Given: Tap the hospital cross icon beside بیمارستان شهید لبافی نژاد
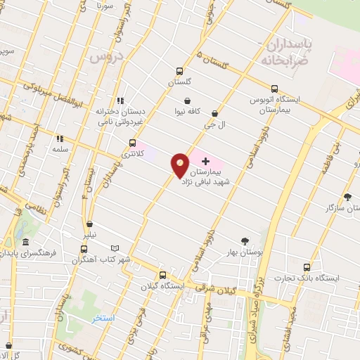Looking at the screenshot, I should pos(205,162).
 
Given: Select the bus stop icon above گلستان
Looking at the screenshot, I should pos(179,71).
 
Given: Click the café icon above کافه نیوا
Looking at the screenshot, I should pos(187,101).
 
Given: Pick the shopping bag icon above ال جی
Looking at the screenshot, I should pos(214,113).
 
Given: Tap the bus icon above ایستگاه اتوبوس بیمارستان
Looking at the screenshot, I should pos(274,89).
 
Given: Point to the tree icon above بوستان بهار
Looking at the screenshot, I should pos(245,240).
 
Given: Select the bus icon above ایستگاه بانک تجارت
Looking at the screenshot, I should pos(307,267).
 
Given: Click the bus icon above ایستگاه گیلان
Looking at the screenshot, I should pos(162,275).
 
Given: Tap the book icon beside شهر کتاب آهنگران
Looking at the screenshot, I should pos(115,249).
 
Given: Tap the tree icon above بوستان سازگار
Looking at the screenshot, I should pos(347,197).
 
